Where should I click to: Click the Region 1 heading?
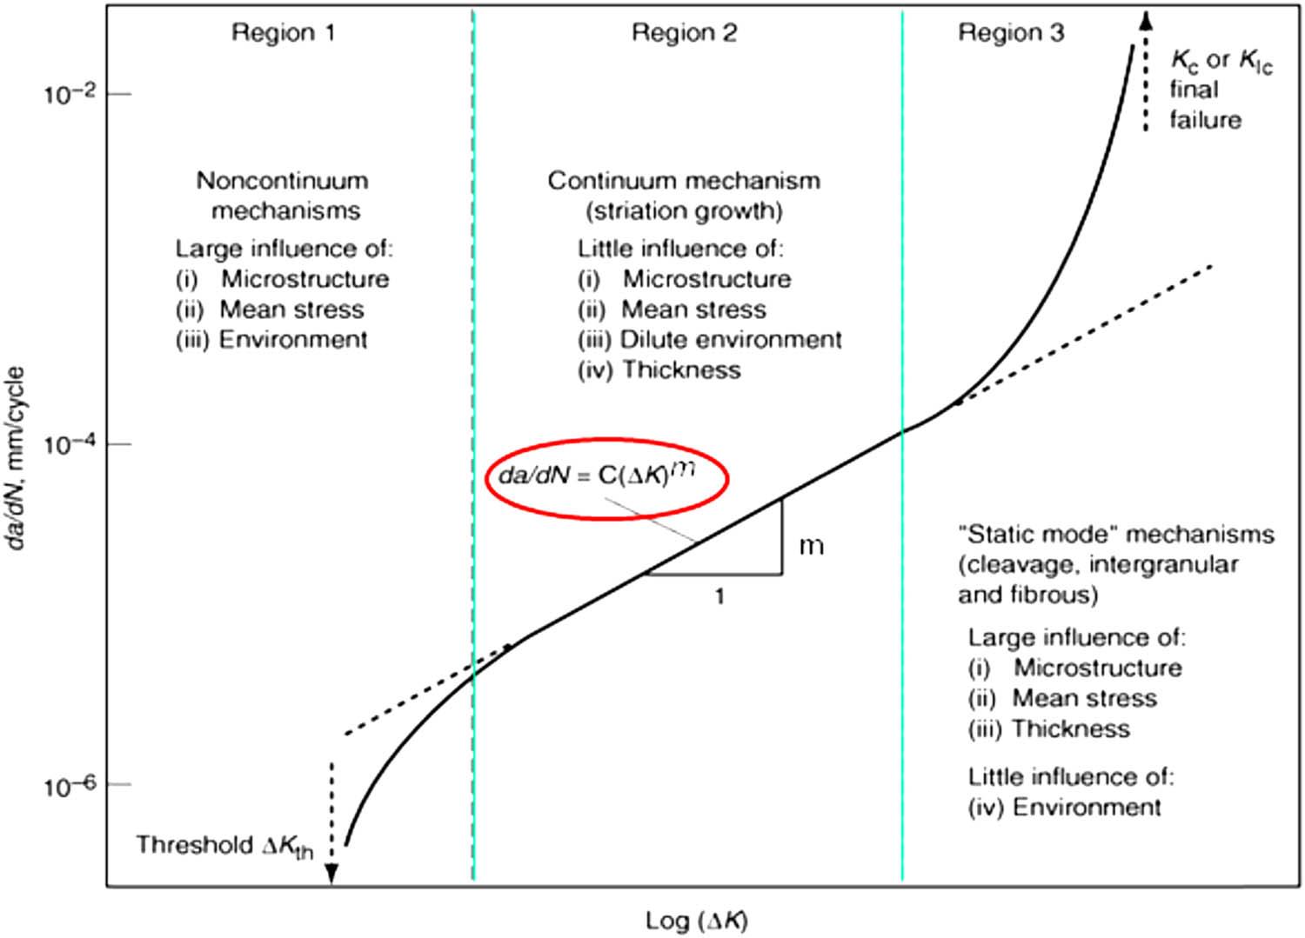[x=284, y=33]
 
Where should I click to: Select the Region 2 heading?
[x=685, y=33]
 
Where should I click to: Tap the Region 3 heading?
[x=1011, y=33]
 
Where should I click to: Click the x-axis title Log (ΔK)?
[x=697, y=921]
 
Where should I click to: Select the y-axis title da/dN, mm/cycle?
[x=16, y=458]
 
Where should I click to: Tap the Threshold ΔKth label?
[x=224, y=846]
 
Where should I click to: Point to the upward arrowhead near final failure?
[x=1146, y=21]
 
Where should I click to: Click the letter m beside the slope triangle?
[x=812, y=547]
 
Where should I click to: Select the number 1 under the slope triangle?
[x=720, y=596]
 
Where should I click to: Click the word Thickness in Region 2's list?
[x=682, y=369]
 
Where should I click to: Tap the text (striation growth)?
[x=684, y=210]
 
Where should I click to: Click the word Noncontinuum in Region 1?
[x=283, y=181]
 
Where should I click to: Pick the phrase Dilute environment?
[x=731, y=339]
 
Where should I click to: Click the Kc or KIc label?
[x=1221, y=61]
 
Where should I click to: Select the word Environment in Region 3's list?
[x=1087, y=807]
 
